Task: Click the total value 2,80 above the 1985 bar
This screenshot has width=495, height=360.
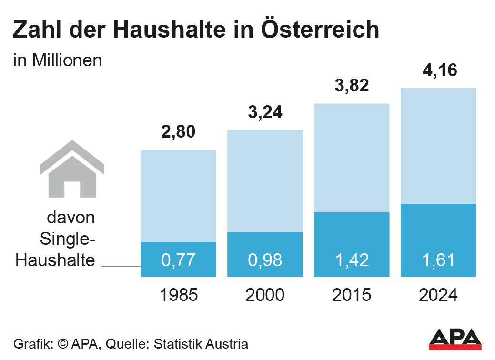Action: (179, 132)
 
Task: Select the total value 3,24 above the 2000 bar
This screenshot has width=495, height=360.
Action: (265, 112)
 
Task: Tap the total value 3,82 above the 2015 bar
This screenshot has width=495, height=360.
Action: (352, 86)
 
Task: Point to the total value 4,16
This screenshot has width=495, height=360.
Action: (439, 70)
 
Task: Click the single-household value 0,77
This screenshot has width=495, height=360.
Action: (179, 260)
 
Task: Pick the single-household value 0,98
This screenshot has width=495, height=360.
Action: (265, 260)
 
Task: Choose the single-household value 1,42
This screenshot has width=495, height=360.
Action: (352, 260)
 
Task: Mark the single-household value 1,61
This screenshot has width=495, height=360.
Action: (438, 260)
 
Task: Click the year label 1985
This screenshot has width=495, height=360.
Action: (179, 295)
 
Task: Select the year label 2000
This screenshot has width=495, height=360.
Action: (265, 295)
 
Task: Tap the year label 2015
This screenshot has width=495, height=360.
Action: (352, 295)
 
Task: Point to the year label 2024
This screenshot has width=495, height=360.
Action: (438, 295)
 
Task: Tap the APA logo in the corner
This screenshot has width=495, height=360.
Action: (455, 339)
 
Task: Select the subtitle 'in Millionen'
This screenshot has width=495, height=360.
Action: (58, 61)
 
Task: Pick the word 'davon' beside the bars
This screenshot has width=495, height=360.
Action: (71, 218)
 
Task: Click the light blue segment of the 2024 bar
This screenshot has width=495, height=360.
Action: (438, 146)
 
